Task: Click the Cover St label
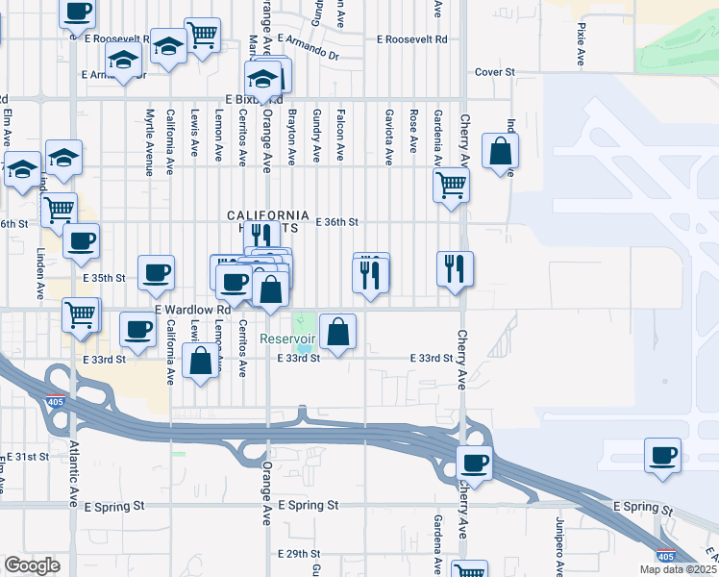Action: [x=495, y=72]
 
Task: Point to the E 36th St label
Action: [x=336, y=222]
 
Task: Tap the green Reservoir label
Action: [x=287, y=339]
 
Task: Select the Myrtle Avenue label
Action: [x=150, y=141]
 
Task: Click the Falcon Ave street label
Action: [x=340, y=135]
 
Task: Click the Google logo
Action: [x=31, y=564]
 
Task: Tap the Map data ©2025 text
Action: [x=677, y=569]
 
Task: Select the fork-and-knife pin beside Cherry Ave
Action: [x=455, y=269]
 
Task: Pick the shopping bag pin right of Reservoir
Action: [x=338, y=333]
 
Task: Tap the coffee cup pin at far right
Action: [x=661, y=456]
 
